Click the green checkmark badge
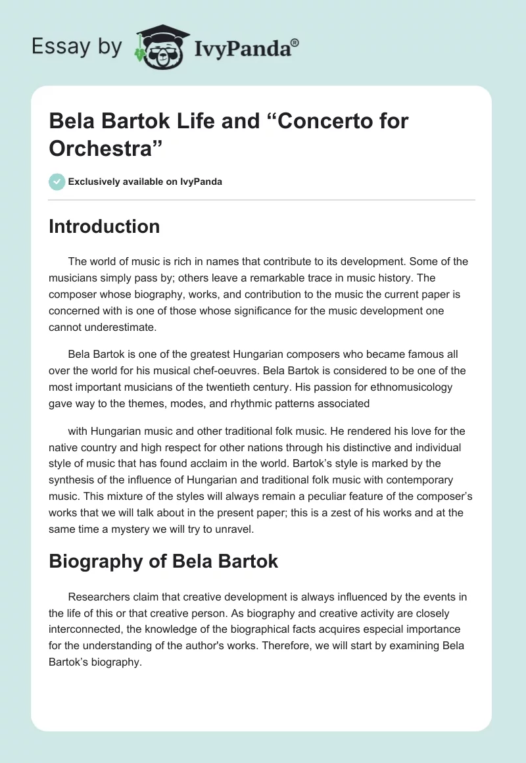point(57,182)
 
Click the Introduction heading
point(104,226)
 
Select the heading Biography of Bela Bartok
point(163,562)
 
